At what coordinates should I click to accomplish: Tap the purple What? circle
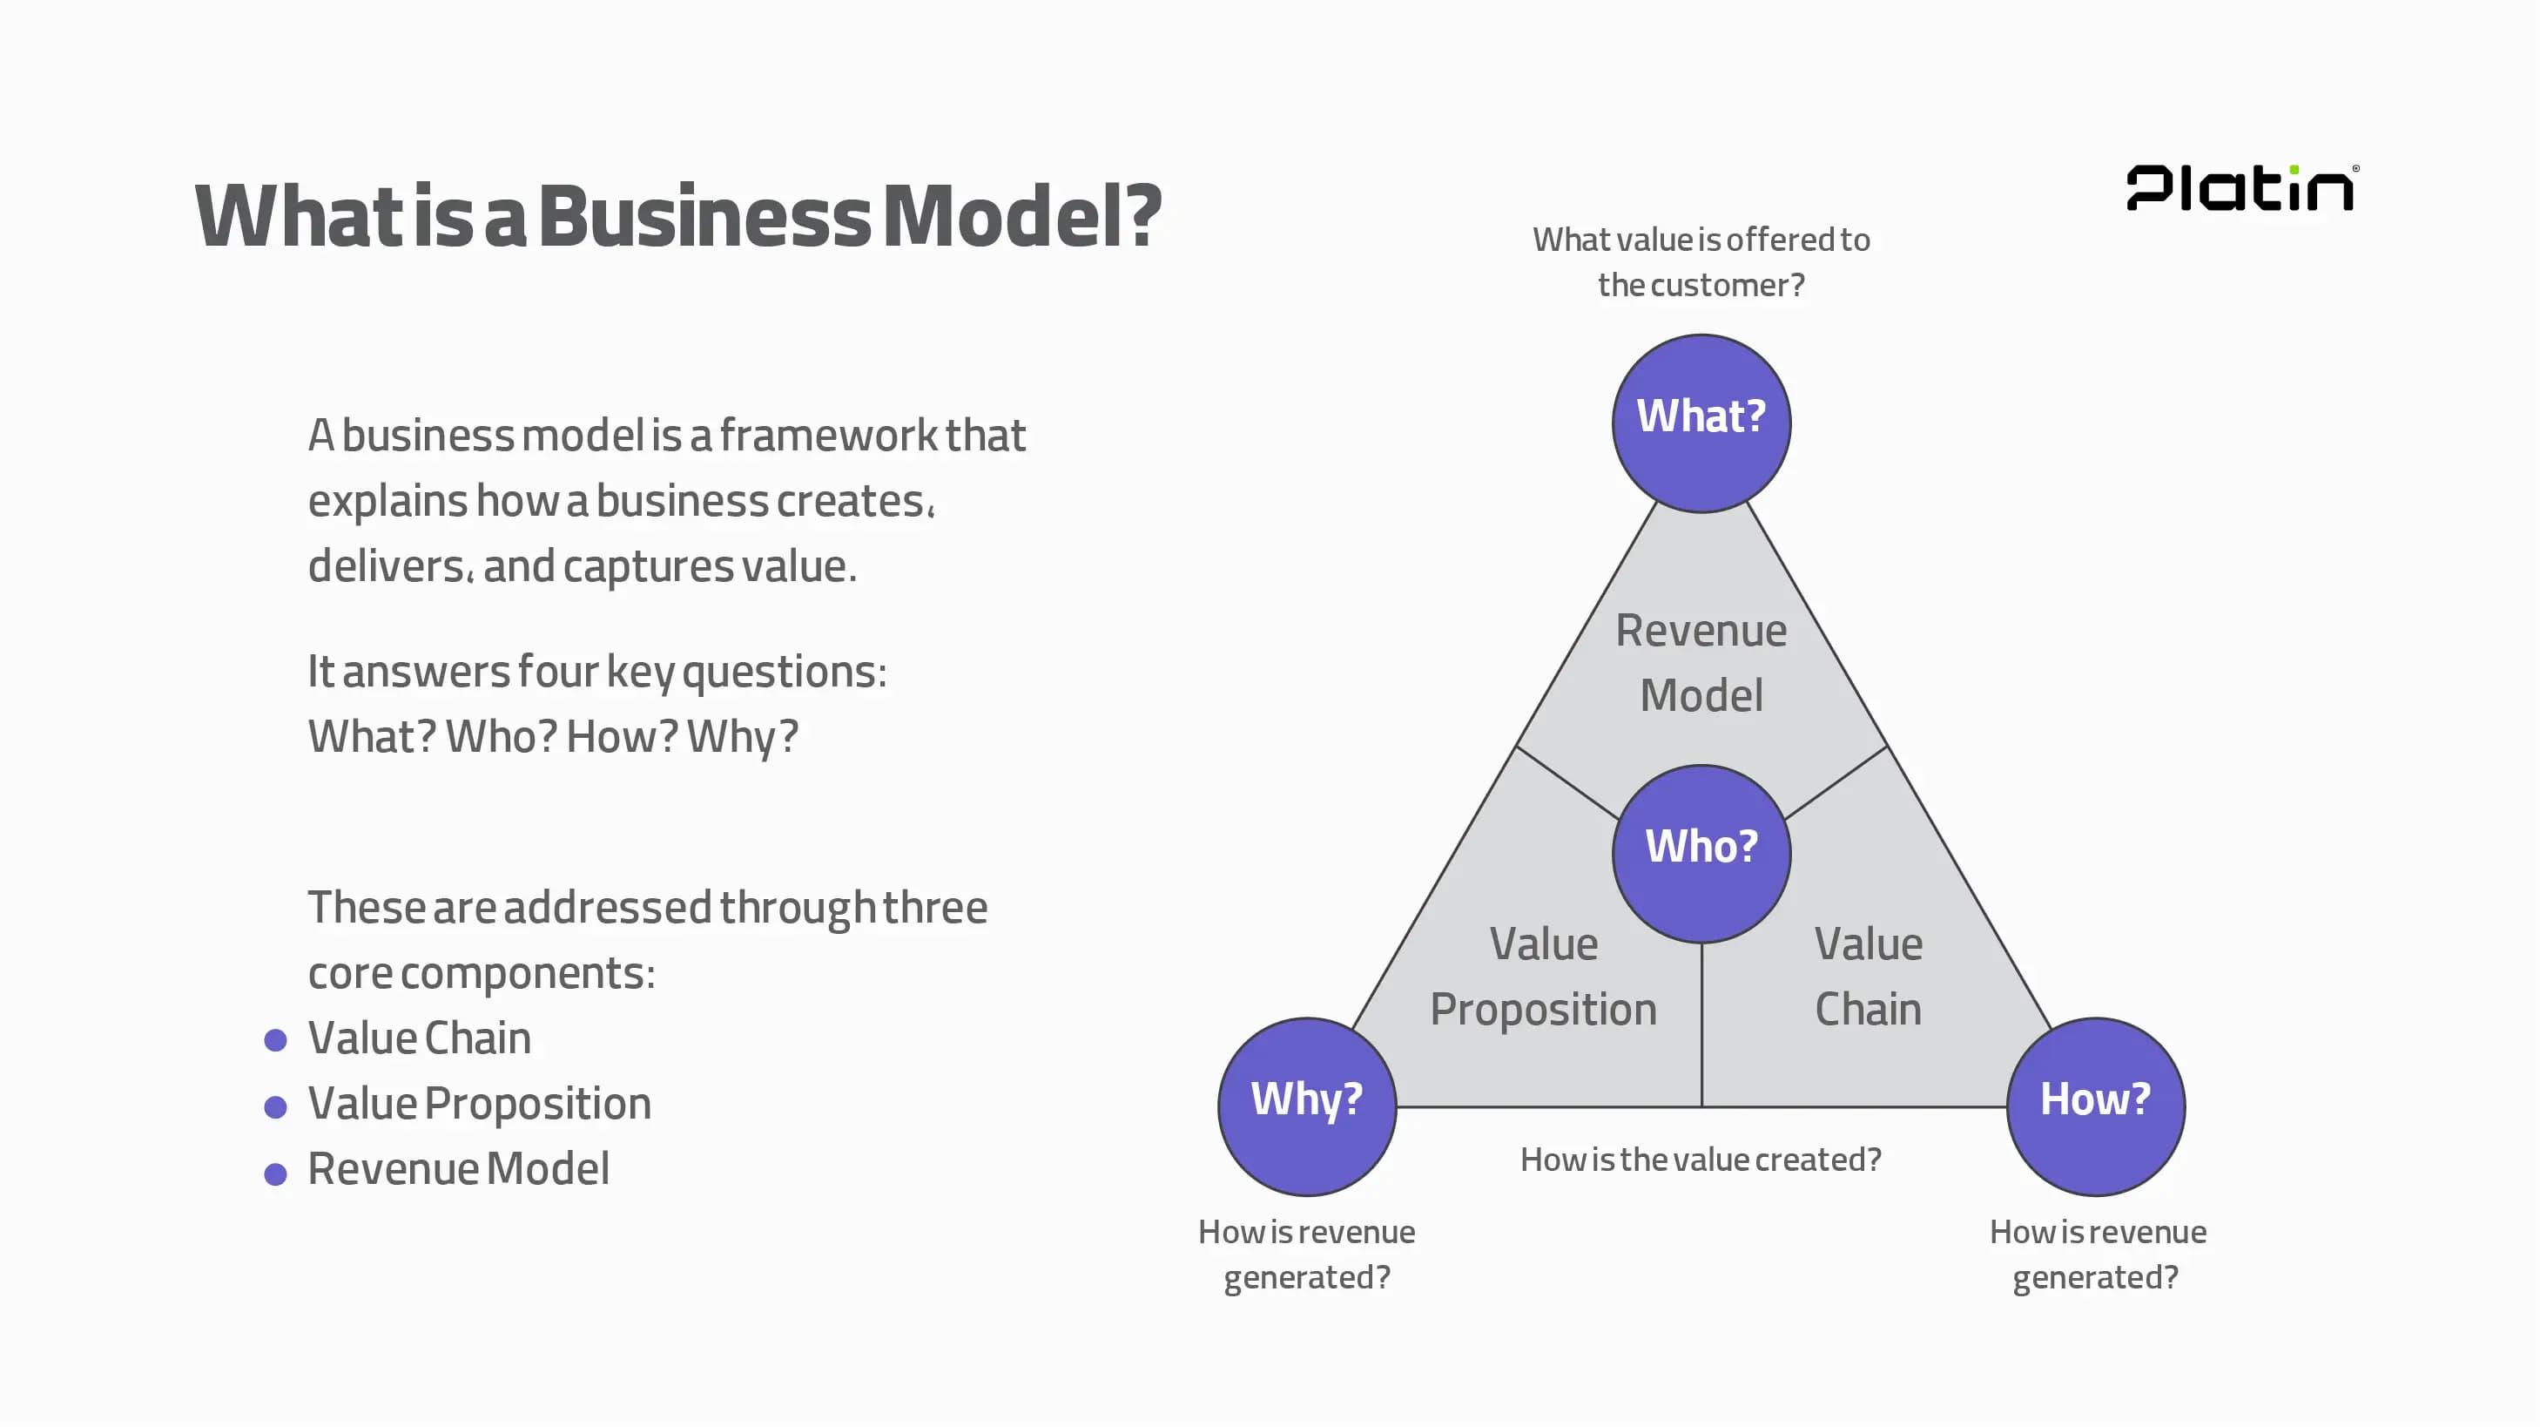point(1701,423)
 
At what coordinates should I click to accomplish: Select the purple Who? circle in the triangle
point(1701,853)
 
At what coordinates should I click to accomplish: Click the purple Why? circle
point(1306,1106)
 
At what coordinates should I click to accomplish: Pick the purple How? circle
point(2095,1106)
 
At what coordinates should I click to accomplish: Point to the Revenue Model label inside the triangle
point(1701,663)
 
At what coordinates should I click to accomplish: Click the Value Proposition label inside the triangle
point(1543,977)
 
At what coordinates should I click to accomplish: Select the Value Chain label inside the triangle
point(1869,977)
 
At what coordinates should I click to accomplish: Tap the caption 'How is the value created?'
point(1701,1160)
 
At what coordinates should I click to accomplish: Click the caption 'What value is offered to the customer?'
point(1701,262)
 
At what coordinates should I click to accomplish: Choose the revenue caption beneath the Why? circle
point(1306,1255)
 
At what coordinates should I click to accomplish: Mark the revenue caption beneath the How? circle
point(2098,1255)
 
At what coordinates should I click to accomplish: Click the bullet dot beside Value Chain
point(276,1039)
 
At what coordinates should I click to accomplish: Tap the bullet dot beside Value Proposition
point(276,1106)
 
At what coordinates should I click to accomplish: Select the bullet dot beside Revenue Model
point(276,1173)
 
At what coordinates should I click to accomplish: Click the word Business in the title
point(704,217)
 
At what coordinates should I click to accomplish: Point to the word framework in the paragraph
point(828,436)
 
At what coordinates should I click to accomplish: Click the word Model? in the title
point(1022,217)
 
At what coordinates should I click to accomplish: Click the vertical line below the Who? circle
point(1701,1025)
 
